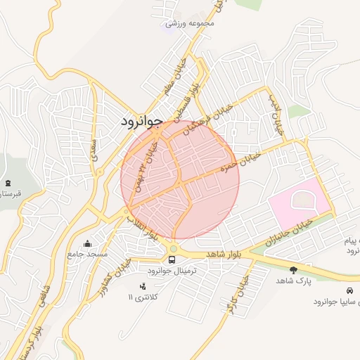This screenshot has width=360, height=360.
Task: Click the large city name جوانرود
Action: (141, 121)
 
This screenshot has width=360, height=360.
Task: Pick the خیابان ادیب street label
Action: (276, 113)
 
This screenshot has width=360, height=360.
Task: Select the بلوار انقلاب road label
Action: (142, 226)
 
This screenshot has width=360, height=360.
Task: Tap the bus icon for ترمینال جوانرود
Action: (173, 260)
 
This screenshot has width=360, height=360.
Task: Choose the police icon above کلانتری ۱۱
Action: (144, 286)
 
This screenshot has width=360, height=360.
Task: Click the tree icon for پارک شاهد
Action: (293, 269)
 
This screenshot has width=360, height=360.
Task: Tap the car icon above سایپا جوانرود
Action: (349, 290)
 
